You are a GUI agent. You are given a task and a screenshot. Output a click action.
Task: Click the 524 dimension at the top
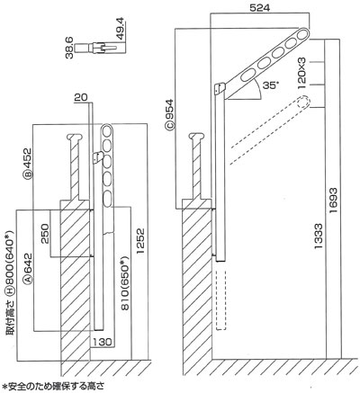tap(260, 7)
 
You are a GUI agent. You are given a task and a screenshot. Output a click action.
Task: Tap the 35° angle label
tap(269, 85)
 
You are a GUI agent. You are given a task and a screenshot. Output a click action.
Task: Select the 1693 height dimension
tap(333, 201)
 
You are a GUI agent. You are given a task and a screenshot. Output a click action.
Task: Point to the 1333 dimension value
tap(319, 236)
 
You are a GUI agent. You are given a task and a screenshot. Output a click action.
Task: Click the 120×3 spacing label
tap(301, 74)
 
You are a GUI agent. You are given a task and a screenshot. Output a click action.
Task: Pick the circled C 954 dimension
tap(170, 114)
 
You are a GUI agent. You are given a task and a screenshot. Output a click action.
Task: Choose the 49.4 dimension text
tap(122, 30)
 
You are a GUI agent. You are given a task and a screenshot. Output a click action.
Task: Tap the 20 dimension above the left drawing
tap(81, 97)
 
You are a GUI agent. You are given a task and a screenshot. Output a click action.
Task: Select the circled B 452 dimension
tap(28, 163)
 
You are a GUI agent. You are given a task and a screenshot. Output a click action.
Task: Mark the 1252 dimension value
tap(140, 241)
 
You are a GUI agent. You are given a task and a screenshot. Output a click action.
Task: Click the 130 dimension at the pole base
tap(102, 342)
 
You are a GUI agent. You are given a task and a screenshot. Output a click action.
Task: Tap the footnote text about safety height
tap(53, 386)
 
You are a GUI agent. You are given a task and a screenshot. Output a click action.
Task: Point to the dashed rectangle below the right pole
tap(220, 300)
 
